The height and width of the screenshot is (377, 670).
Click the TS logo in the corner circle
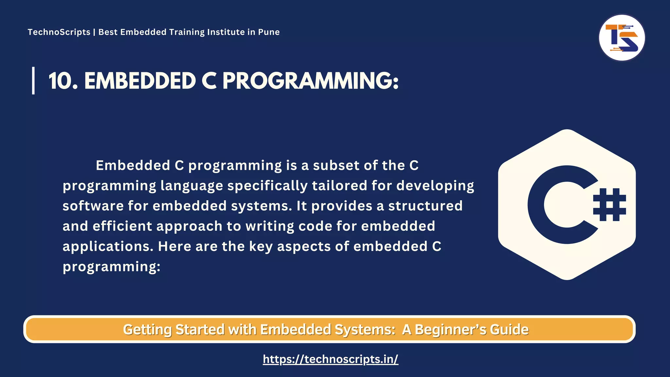click(622, 38)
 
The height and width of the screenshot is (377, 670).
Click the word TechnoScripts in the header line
click(59, 32)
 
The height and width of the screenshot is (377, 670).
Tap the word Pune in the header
click(269, 32)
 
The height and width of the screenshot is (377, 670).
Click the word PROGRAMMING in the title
click(310, 81)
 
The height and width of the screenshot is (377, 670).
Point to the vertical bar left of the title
click(33, 81)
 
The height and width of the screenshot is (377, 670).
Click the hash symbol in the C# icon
click(609, 205)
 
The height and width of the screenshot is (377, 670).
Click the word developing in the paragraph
click(435, 186)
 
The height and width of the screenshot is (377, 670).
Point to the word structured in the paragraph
click(425, 206)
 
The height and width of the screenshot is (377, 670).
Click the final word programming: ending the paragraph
click(112, 267)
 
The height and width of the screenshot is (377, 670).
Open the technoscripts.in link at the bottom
click(330, 359)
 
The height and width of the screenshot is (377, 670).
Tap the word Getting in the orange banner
click(147, 330)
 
